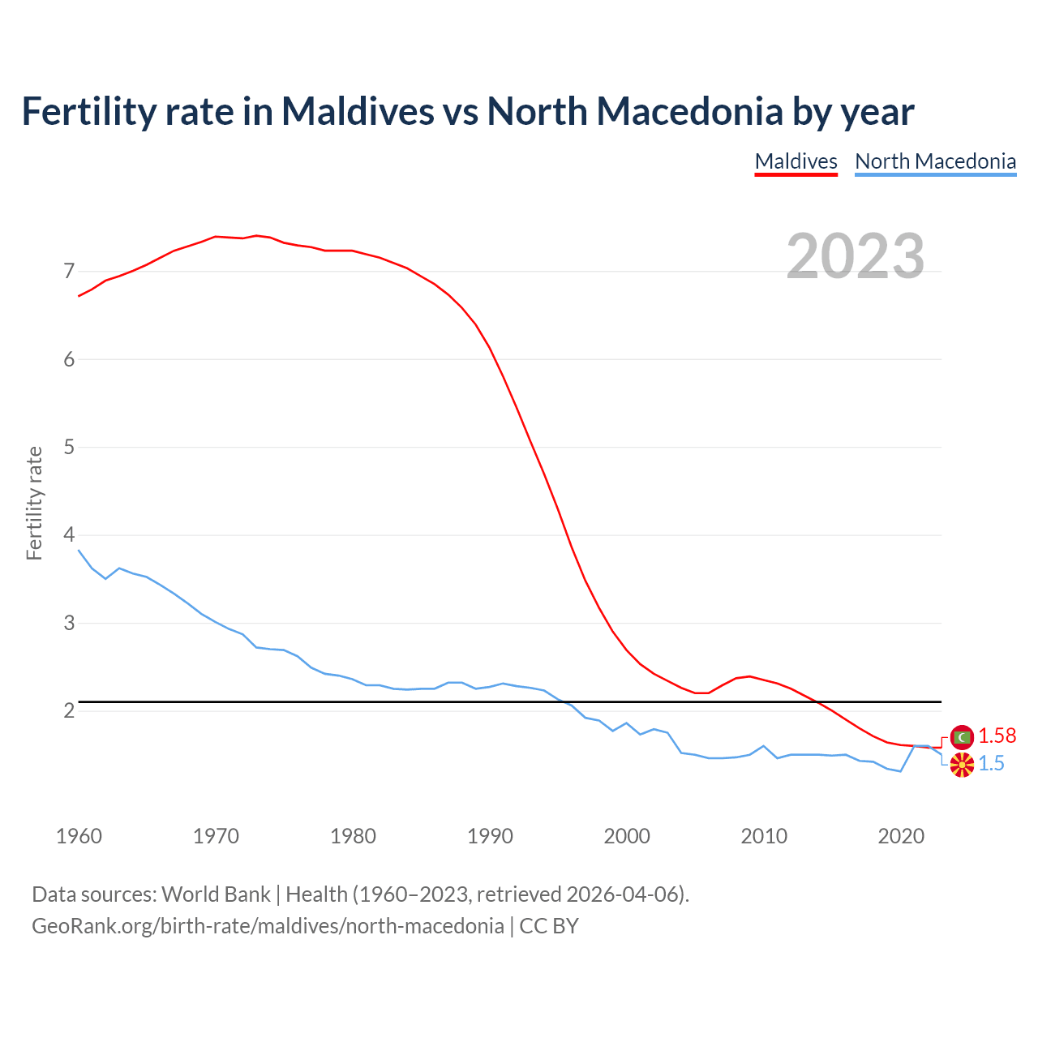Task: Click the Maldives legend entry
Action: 796,161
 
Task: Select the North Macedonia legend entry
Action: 935,161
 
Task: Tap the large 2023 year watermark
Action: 855,256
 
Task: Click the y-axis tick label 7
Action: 69,271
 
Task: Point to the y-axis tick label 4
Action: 69,535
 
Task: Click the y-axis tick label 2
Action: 69,711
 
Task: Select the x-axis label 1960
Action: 79,836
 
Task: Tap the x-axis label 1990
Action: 490,836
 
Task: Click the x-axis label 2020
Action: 901,836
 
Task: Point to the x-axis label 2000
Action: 627,836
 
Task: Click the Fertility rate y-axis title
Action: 34,503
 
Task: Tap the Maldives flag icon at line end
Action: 962,737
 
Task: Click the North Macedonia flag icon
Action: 962,764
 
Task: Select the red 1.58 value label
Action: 997,736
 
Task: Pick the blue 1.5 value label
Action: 991,764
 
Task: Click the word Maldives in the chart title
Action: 358,111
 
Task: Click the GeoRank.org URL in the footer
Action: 268,926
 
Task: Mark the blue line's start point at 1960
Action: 79,550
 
